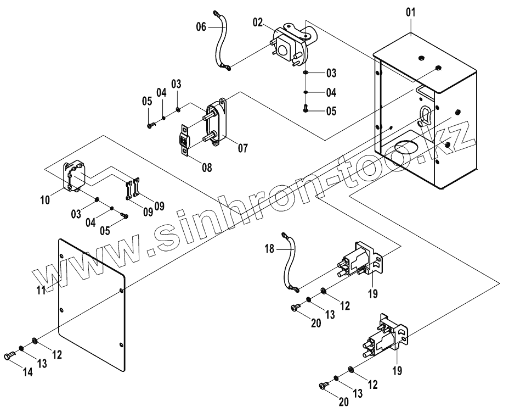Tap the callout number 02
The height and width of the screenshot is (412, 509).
(258, 22)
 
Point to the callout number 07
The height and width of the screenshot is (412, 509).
(242, 148)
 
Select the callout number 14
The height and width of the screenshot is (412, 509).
(27, 372)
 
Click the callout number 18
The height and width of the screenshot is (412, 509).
(269, 248)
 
